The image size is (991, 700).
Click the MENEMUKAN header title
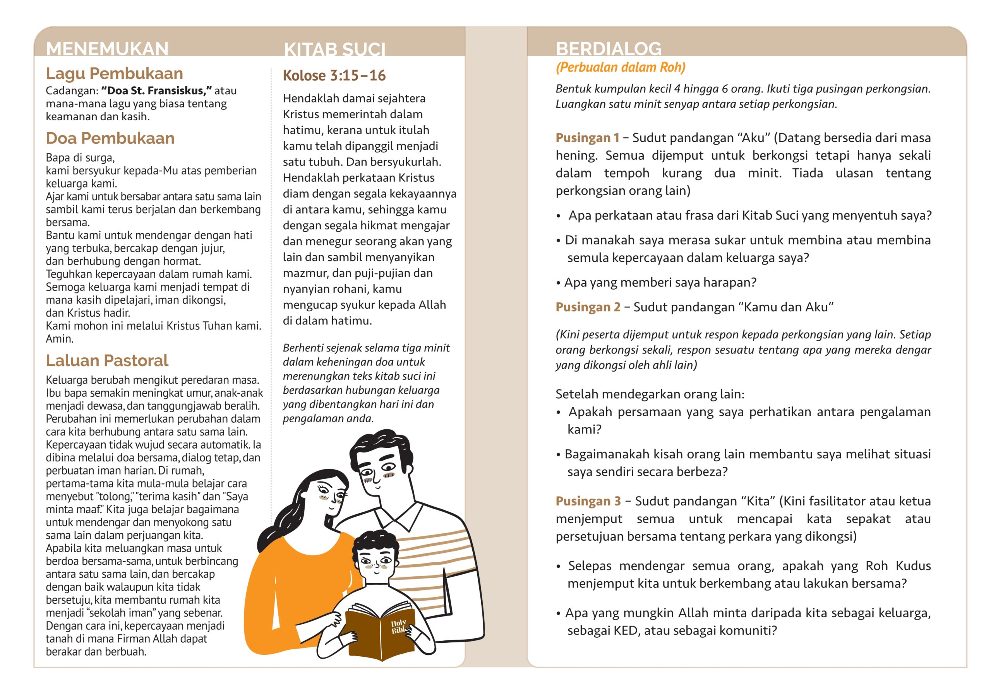coord(107,48)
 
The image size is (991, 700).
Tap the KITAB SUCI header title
coord(334,50)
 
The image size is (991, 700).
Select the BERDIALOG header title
coord(608,48)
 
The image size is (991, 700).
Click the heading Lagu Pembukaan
coord(114,73)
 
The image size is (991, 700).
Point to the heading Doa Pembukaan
coord(110,138)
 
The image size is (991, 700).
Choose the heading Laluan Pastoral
coord(107,360)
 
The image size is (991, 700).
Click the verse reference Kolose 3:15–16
coord(334,75)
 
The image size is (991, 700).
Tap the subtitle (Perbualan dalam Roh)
coord(620,67)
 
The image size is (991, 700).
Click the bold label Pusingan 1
coord(587,138)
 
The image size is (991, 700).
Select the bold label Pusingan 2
coord(588,307)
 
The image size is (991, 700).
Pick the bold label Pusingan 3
coord(588,501)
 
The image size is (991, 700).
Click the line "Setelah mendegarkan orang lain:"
coord(650,394)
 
